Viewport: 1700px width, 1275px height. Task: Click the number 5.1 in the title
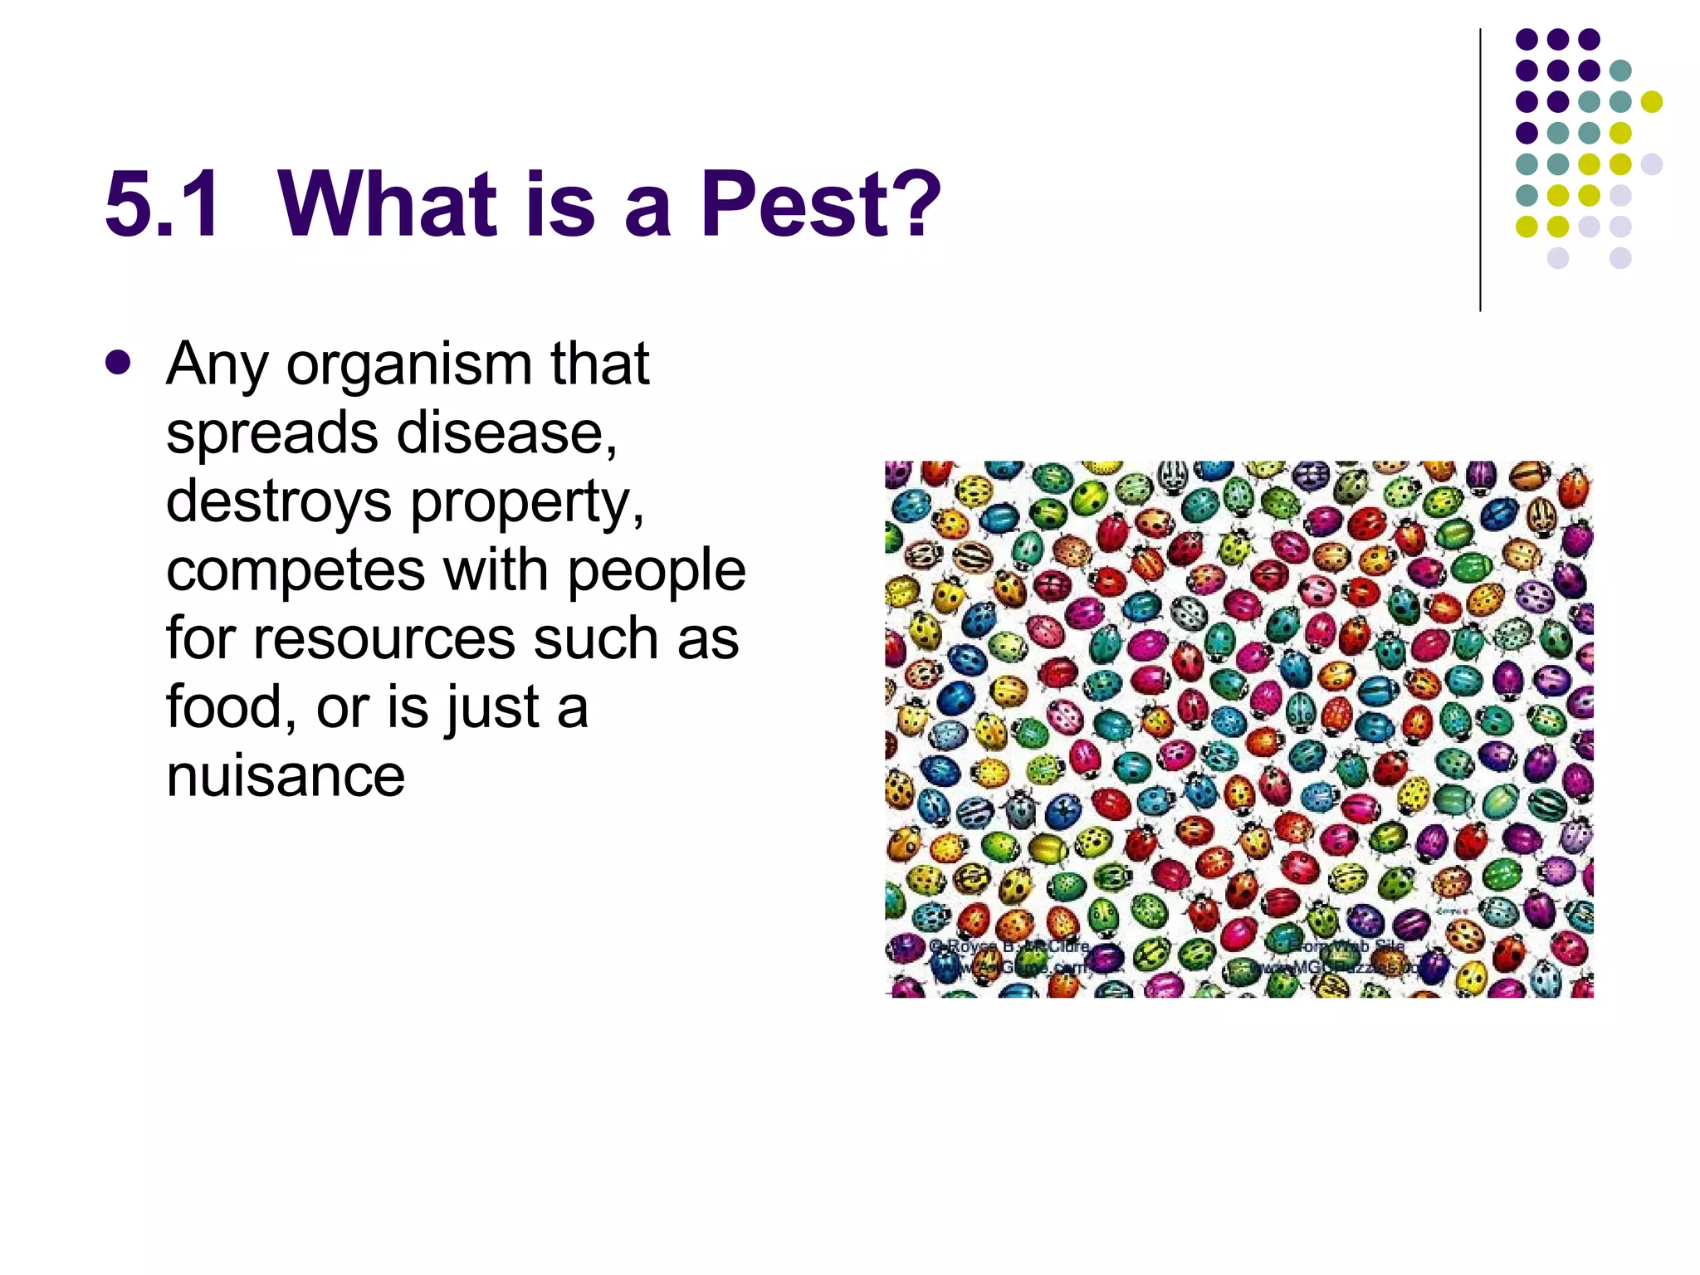click(164, 204)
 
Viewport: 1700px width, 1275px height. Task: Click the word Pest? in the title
click(820, 204)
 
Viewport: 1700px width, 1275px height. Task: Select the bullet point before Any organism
click(119, 364)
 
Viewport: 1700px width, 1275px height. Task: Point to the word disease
click(506, 433)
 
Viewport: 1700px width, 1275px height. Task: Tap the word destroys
click(279, 503)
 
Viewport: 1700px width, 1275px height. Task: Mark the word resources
click(384, 638)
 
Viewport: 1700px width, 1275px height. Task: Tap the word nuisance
click(286, 776)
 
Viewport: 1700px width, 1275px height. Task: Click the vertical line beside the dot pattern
click(1480, 170)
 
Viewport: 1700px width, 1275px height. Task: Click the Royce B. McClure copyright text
click(1009, 947)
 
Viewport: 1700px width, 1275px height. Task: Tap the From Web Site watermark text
click(1345, 946)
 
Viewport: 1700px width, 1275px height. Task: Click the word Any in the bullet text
click(217, 366)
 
